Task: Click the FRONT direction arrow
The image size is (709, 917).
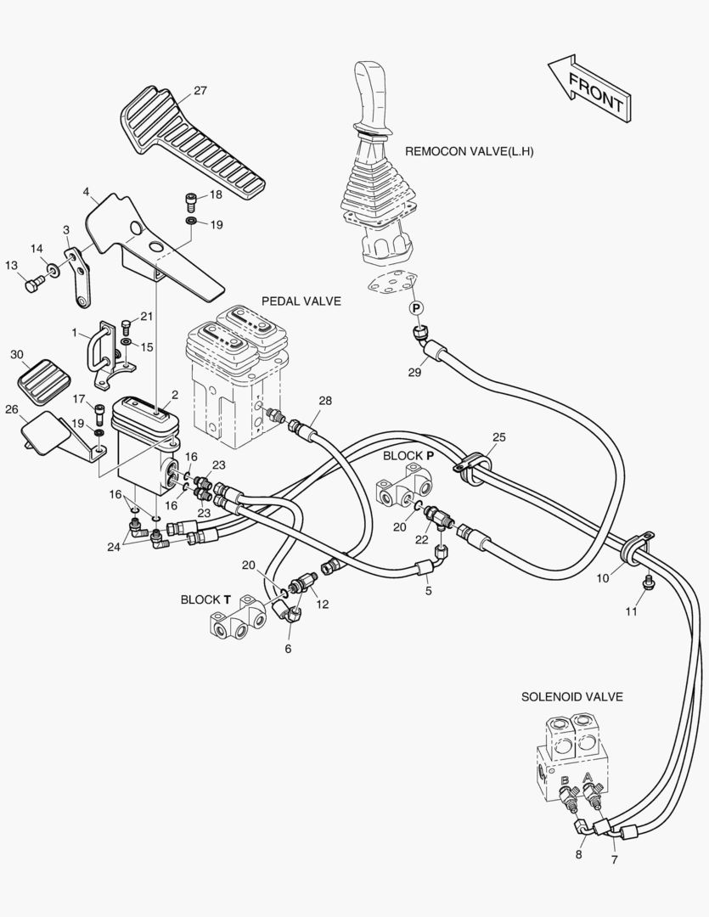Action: [588, 87]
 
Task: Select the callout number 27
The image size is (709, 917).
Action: [200, 91]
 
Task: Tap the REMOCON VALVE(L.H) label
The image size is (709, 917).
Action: [475, 152]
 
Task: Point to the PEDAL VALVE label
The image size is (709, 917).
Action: [301, 301]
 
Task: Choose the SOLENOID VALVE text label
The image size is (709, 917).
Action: [571, 697]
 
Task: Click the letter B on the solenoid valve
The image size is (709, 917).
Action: [565, 781]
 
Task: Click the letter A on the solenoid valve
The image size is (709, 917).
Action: [588, 777]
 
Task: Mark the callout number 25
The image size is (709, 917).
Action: [498, 437]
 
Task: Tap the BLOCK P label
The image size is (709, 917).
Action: [408, 456]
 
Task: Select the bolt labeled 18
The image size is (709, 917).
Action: [192, 201]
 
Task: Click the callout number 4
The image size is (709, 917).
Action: [87, 192]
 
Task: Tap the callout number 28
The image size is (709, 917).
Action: [325, 400]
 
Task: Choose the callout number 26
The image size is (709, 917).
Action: [11, 410]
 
